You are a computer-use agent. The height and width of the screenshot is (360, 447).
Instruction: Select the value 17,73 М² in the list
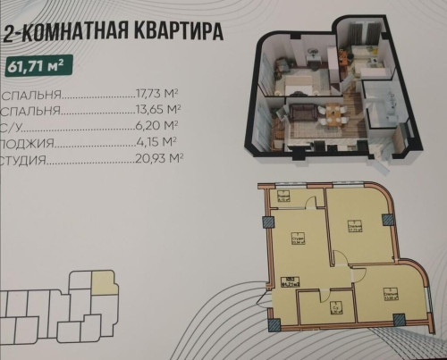(159, 92)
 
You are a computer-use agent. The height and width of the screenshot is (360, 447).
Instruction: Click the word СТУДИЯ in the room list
(24, 159)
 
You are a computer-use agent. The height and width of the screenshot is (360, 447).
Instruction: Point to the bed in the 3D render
(299, 81)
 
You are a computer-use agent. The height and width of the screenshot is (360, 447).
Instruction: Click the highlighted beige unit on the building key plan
(106, 284)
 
